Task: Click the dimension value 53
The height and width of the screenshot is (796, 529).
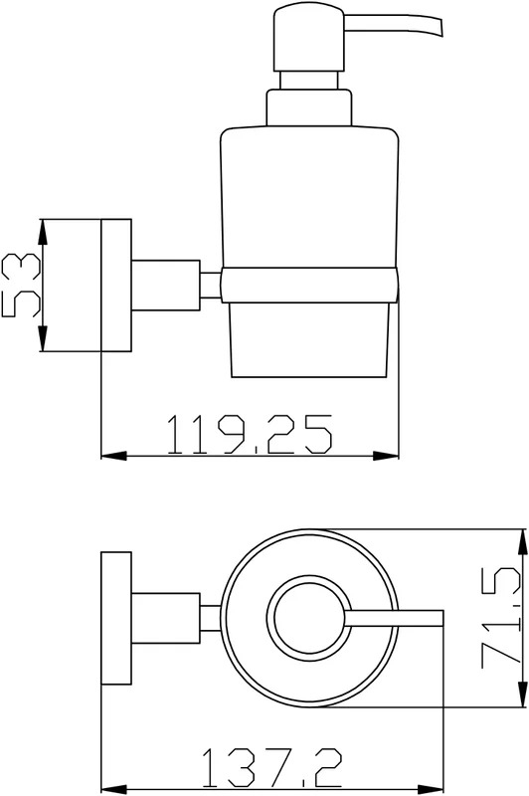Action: pos(21,286)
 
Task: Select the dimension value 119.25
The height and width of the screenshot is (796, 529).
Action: pos(250,434)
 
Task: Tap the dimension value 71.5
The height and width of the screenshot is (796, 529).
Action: pos(501,617)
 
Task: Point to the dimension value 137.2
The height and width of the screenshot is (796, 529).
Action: pos(271,768)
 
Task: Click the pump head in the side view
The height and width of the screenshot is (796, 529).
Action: pos(309,38)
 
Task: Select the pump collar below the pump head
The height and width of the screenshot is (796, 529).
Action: pos(309,107)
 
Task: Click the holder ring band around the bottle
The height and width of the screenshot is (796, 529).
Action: pos(309,285)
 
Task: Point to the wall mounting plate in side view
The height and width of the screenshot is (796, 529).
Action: pos(116,286)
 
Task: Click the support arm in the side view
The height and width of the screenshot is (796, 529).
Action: pos(166,286)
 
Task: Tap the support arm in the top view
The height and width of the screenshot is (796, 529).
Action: pos(166,618)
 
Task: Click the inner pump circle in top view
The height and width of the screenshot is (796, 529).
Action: pos(309,618)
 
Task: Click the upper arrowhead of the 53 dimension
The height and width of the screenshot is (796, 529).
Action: pos(43,231)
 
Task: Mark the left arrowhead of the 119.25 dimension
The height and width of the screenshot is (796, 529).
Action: pos(113,456)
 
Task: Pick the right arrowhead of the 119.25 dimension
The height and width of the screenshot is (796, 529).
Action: pos(387,456)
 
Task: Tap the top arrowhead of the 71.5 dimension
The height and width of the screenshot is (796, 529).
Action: pos(522,541)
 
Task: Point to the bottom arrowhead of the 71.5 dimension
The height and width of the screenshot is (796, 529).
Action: pos(522,694)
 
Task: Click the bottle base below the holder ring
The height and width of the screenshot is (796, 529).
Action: pos(309,340)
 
